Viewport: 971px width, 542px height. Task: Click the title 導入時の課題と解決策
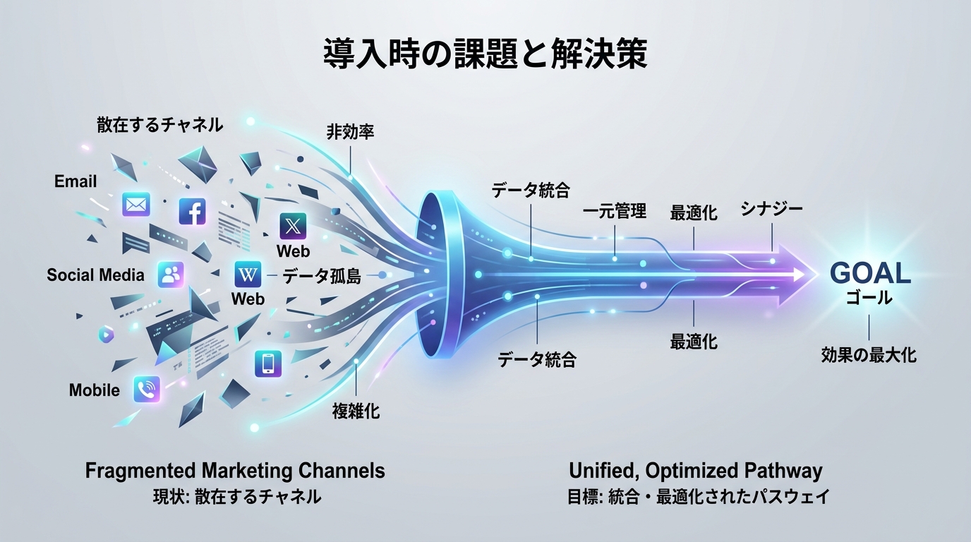pos(485,54)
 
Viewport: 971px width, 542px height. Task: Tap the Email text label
pos(76,181)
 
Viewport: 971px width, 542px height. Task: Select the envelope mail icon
pos(136,205)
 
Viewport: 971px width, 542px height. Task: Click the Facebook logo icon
pos(192,211)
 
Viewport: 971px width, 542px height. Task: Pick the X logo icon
pos(293,227)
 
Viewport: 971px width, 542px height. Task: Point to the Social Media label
pos(95,275)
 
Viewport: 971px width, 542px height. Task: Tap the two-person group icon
pos(171,275)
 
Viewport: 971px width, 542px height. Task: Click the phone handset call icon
pos(147,389)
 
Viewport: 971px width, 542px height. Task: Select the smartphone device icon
pos(267,363)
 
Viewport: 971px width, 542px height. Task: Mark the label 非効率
pos(350,132)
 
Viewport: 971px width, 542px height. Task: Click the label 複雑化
pos(356,411)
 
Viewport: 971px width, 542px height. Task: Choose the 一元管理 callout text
pos(615,211)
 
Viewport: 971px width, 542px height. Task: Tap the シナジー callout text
pos(771,208)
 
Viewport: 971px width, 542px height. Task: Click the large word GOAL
pos(870,274)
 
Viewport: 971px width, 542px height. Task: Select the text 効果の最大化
pos(869,354)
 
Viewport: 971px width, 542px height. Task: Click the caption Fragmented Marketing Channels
pos(235,471)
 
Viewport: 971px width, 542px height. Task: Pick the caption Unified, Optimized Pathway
pos(695,471)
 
